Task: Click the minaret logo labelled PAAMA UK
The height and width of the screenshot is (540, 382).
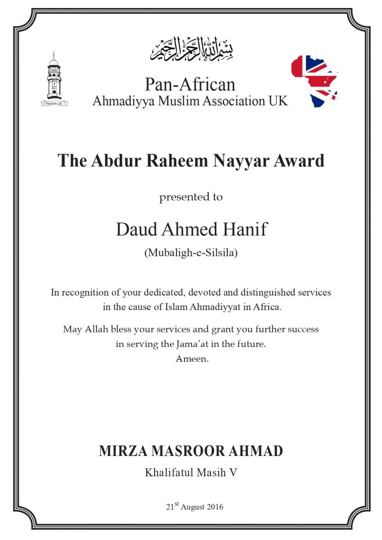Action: pyautogui.click(x=54, y=80)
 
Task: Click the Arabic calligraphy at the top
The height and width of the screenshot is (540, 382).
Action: pyautogui.click(x=191, y=49)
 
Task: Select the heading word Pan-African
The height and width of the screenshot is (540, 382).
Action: pyautogui.click(x=190, y=84)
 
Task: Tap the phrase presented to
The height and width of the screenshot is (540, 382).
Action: pyautogui.click(x=191, y=197)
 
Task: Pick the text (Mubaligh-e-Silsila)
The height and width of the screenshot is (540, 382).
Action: pyautogui.click(x=191, y=253)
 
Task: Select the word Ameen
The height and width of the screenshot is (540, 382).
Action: pyautogui.click(x=191, y=358)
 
